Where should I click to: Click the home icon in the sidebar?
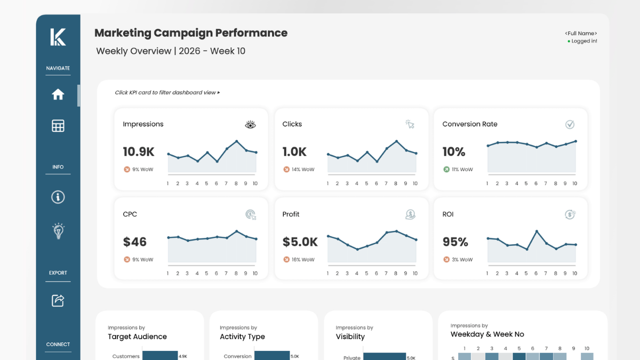tap(58, 94)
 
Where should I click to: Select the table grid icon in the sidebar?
tap(58, 126)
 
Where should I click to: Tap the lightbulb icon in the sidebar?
tap(58, 231)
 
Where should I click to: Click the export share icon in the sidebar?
tap(58, 300)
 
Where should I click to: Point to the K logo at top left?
tap(58, 37)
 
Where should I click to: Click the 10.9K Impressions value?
tap(138, 152)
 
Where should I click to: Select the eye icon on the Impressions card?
tap(250, 125)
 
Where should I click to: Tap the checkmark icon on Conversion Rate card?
tap(570, 124)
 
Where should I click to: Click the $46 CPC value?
tap(134, 242)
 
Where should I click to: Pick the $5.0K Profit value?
tap(300, 242)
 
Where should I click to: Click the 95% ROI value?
tap(455, 242)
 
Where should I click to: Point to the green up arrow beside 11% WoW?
tap(446, 170)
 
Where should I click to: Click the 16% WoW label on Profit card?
tap(303, 260)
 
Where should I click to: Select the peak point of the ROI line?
tap(537, 231)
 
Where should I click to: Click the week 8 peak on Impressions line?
tap(236, 141)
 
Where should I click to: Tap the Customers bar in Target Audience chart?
tap(159, 356)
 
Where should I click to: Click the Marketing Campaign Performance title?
tap(190, 33)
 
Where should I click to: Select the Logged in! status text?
tap(584, 41)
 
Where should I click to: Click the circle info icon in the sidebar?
tap(58, 197)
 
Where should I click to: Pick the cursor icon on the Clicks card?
tap(410, 124)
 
